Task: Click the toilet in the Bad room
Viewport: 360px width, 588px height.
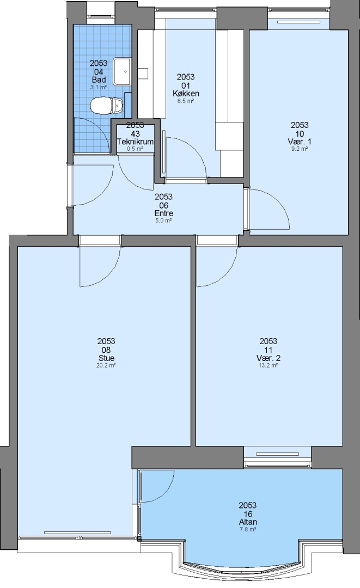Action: tap(107, 105)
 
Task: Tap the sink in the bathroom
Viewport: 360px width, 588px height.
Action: tap(122, 71)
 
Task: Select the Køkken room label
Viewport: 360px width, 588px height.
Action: tap(186, 94)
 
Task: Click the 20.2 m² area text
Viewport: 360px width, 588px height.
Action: tap(106, 365)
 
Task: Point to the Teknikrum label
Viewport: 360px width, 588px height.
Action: tap(135, 142)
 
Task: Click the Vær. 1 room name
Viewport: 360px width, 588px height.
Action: tap(300, 142)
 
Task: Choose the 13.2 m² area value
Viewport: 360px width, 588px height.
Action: tap(268, 365)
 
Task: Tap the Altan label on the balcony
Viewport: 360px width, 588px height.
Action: tap(248, 522)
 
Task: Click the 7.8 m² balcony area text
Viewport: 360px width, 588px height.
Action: tap(248, 530)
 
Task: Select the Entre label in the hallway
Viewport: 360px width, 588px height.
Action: tap(164, 213)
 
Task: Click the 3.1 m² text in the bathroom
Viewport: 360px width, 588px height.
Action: tap(99, 87)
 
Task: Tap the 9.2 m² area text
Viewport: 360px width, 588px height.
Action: tap(300, 149)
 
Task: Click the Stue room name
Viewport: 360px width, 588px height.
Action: tap(106, 358)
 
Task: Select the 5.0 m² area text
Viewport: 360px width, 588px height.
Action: tap(163, 220)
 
